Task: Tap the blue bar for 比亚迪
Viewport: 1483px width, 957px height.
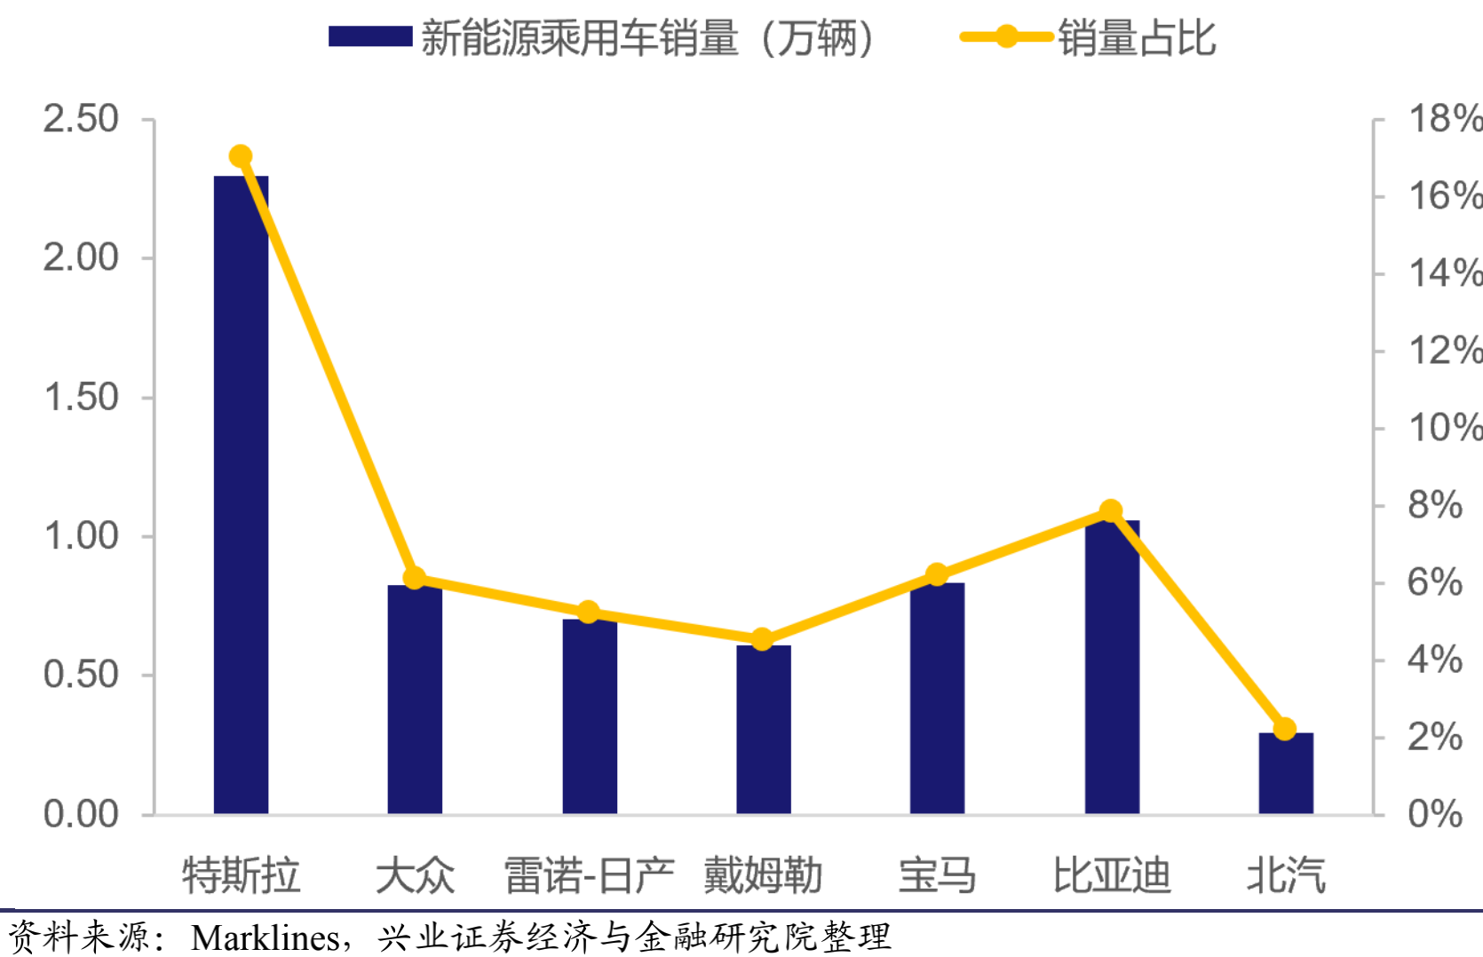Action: tap(1112, 667)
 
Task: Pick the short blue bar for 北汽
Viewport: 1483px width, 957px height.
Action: tap(1286, 772)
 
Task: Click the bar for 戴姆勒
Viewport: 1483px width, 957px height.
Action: tap(764, 729)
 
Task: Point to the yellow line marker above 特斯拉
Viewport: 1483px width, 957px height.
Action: tap(241, 157)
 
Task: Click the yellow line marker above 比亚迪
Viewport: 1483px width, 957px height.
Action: tap(1111, 511)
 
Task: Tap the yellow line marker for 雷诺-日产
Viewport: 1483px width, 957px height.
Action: tap(588, 613)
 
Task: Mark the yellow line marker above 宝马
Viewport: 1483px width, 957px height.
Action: tap(937, 575)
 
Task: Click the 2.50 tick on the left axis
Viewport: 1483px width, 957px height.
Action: tap(81, 119)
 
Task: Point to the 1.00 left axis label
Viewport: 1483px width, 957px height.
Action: tap(81, 536)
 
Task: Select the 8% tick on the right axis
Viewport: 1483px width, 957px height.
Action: tap(1435, 505)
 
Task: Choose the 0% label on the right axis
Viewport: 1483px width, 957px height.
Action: tap(1435, 813)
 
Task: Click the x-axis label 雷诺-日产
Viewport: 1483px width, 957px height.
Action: tap(589, 875)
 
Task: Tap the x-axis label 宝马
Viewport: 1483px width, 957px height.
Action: tap(937, 875)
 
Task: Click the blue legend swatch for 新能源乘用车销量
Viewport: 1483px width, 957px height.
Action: tap(370, 36)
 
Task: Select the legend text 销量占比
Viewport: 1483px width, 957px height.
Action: tap(1137, 38)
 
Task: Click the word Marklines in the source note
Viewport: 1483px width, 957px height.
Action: tap(265, 937)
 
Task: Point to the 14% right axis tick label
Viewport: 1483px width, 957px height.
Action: tap(1444, 273)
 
